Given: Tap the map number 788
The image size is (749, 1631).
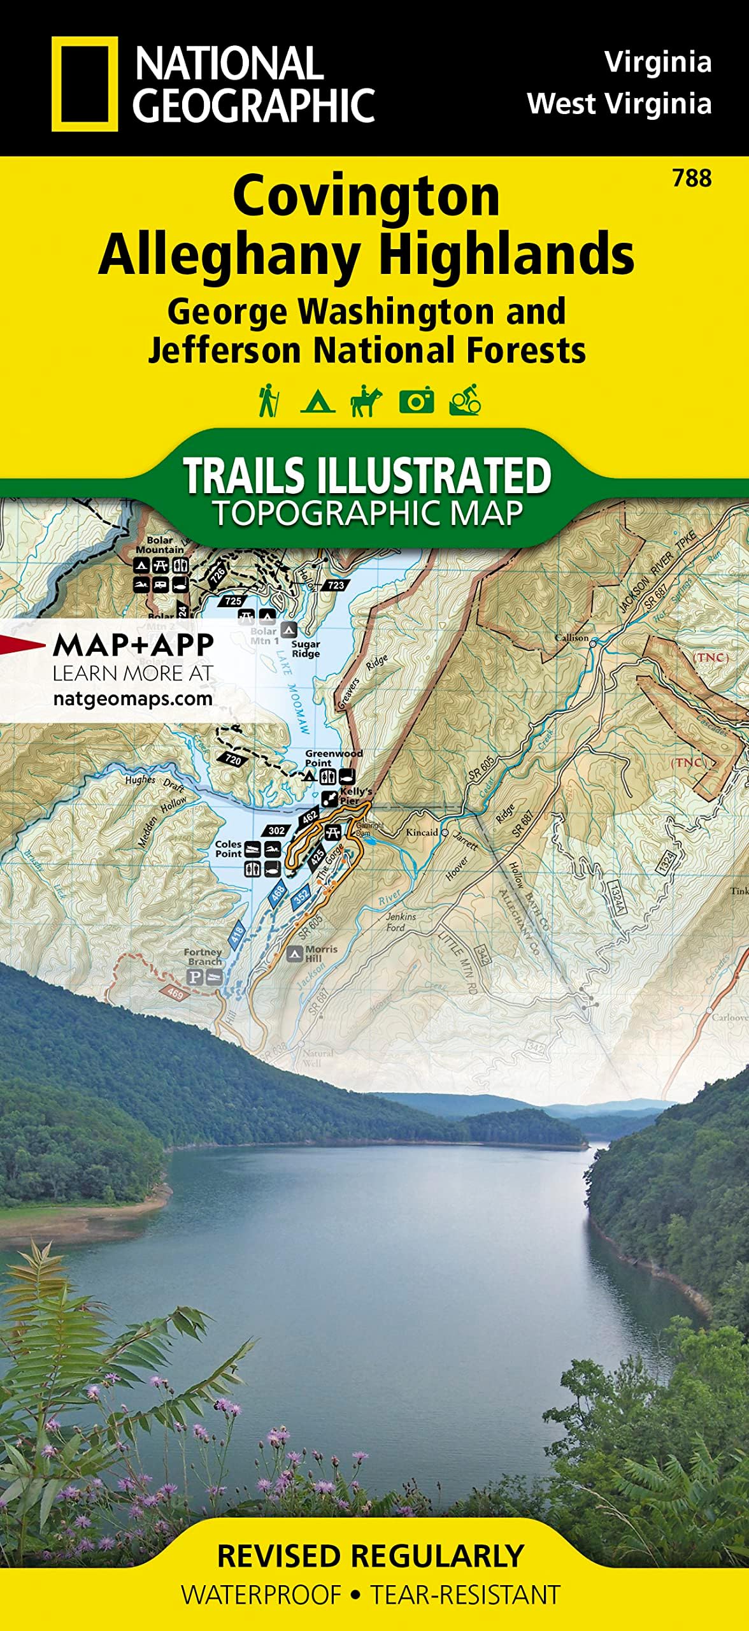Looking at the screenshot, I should tap(692, 178).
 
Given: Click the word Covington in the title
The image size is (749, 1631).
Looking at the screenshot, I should tap(366, 196).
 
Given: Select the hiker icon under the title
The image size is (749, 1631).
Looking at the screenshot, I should tap(268, 401).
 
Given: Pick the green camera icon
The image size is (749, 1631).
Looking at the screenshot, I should tap(416, 401).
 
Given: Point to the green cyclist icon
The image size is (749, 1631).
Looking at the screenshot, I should tap(465, 401).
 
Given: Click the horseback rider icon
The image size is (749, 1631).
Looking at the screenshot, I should tap(366, 401).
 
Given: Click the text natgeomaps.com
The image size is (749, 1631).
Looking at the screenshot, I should tap(132, 698).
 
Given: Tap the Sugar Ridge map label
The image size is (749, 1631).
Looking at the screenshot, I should tap(306, 649).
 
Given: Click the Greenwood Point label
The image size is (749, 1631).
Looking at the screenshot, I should tap(333, 758).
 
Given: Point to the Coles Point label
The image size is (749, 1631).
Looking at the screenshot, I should tap(228, 849).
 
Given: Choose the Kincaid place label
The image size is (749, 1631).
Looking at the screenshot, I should tap(422, 832).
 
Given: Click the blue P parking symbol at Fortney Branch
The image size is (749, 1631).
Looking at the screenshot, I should tap(194, 977).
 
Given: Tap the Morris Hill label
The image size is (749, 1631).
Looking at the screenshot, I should tap(321, 953).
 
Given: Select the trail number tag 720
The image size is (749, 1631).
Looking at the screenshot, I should tap(233, 759).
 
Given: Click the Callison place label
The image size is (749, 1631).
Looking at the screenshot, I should tap(571, 638).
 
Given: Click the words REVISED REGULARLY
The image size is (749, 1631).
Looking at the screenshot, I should tap(371, 1555).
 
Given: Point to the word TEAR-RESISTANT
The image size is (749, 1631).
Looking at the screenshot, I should tap(465, 1595).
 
